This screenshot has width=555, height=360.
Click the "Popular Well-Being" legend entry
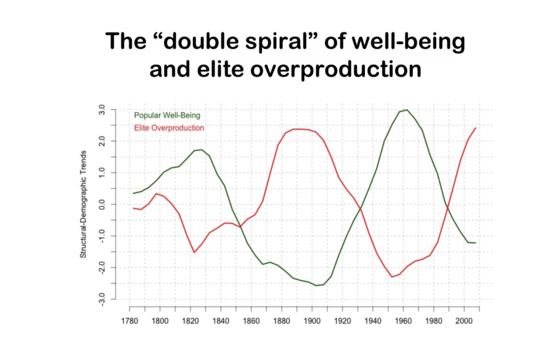coord(167,115)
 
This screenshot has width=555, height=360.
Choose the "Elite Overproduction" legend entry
coord(169,128)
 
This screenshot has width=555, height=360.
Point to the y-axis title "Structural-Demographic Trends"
coord(83,204)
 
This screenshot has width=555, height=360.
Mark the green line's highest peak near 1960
coord(407,110)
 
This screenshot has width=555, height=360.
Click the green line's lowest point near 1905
coord(316,286)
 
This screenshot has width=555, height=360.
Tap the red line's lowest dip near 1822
coord(194,252)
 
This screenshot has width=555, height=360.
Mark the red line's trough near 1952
coord(392,277)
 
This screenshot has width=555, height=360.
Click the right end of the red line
coord(476,128)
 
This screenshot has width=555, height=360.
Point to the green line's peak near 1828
coord(202,149)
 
